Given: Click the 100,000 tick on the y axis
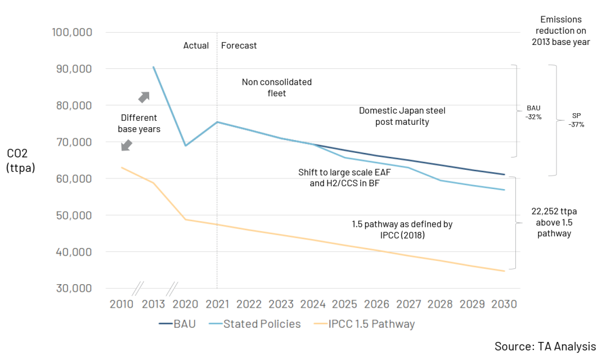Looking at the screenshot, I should [x=72, y=33].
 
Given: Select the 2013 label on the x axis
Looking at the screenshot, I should [x=153, y=304].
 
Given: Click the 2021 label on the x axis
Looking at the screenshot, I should [x=217, y=304].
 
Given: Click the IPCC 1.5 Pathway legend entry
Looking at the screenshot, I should [x=364, y=323].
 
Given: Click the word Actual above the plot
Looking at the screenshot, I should [x=196, y=46].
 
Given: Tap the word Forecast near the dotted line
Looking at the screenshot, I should [x=239, y=46].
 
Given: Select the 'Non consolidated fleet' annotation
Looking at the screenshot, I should [x=277, y=88].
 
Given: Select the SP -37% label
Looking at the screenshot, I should [x=578, y=120].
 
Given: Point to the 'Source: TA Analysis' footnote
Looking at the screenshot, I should [x=545, y=346].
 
